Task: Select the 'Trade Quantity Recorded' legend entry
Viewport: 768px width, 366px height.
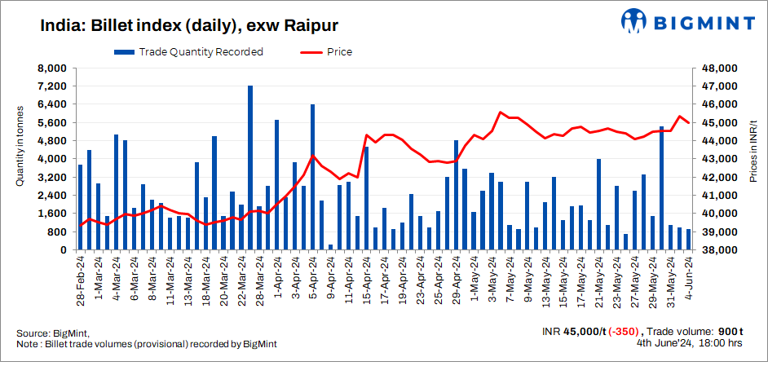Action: click(x=190, y=52)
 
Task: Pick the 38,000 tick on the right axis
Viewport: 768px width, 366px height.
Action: click(x=720, y=250)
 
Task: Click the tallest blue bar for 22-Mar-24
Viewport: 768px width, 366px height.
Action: click(x=250, y=167)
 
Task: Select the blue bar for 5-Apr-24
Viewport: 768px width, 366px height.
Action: click(x=312, y=176)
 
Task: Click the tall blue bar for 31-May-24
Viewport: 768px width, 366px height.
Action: click(x=661, y=187)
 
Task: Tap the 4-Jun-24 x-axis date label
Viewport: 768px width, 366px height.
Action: click(x=688, y=280)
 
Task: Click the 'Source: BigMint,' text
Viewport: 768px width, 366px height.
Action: click(x=53, y=333)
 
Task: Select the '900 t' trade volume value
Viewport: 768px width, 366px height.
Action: click(x=730, y=332)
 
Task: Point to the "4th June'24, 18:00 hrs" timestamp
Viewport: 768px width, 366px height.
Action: click(x=689, y=343)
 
